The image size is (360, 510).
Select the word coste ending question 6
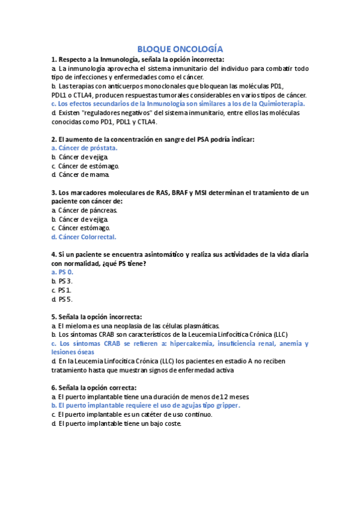coord(171,423)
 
